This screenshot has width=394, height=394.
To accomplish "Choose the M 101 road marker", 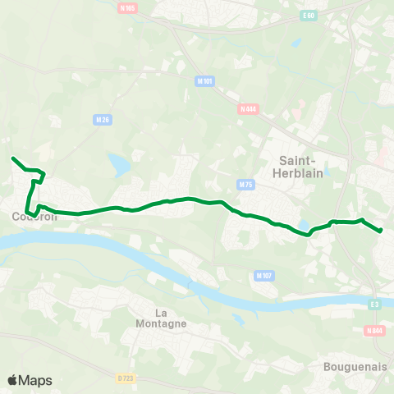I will coord(204,80).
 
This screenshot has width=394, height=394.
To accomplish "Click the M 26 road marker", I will coord(103,120).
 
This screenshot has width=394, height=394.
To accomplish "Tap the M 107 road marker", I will coord(263,275).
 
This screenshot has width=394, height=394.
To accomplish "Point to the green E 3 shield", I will coord(375,305).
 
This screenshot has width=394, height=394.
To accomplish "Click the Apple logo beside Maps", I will coord(13,380).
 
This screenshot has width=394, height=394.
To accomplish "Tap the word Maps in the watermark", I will coord(35,381).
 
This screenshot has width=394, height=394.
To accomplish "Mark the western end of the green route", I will coord(12,158).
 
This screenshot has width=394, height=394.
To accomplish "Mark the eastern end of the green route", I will coord(382,231).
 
